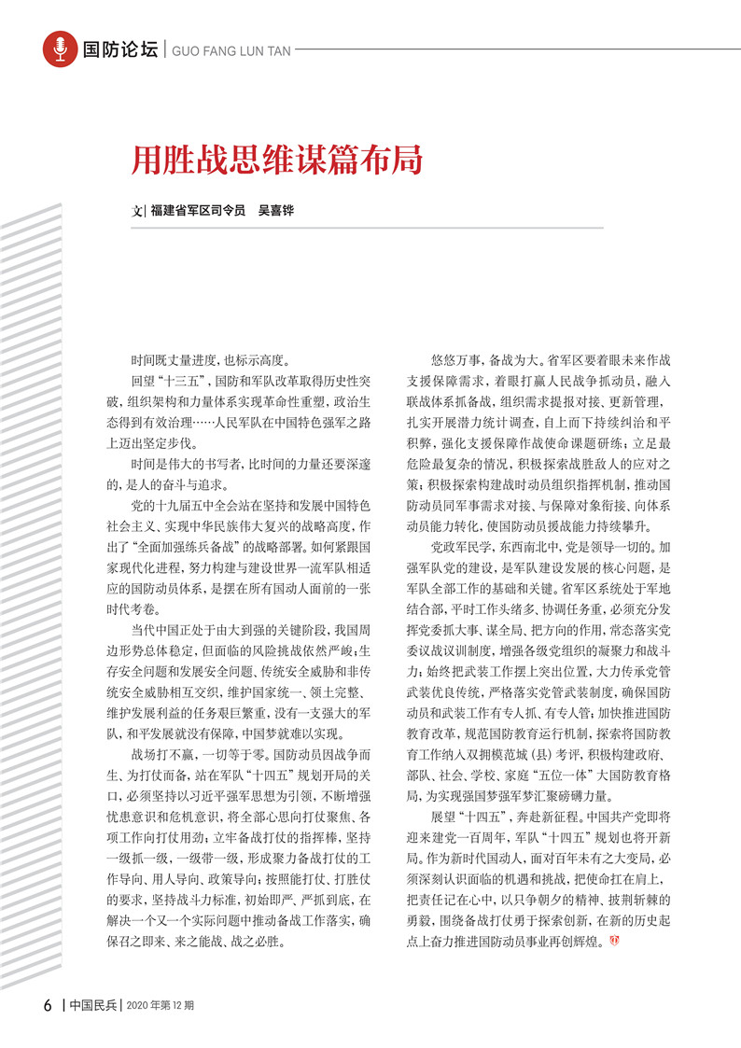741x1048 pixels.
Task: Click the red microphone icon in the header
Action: [x=60, y=49]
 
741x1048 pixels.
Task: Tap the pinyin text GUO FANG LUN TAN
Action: [x=221, y=49]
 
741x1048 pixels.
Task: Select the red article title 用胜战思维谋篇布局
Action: [x=276, y=160]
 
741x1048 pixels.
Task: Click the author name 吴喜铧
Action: [x=276, y=212]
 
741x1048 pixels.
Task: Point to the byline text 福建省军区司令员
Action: [x=198, y=212]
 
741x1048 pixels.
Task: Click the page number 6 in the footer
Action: [x=47, y=1006]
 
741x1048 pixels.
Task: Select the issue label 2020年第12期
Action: [x=160, y=1006]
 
